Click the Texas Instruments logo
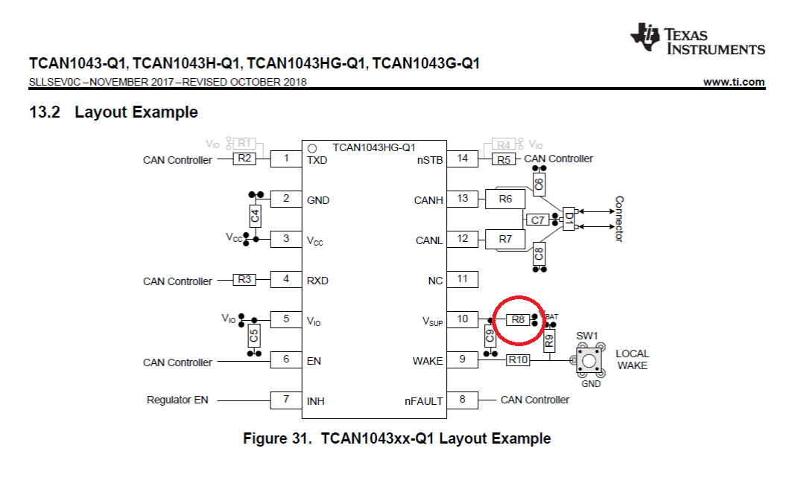[x=697, y=39]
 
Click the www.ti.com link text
[x=733, y=82]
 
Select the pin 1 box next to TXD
[x=285, y=159]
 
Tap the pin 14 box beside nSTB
[x=463, y=159]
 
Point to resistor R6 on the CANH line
[x=506, y=199]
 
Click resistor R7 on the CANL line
[x=506, y=240]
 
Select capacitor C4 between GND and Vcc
[x=255, y=217]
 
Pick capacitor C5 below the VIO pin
[x=255, y=336]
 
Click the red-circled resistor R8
[x=517, y=320]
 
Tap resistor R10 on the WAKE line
[x=518, y=360]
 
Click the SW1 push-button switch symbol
[x=588, y=361]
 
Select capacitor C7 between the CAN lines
[x=536, y=220]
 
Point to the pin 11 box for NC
[x=463, y=279]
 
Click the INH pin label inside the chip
[x=316, y=401]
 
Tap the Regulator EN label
[x=177, y=400]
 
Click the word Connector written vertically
[x=618, y=219]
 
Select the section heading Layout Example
[x=136, y=112]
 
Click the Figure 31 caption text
[x=396, y=438]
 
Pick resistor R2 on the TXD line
[x=244, y=159]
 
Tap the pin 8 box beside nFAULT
[x=463, y=400]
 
